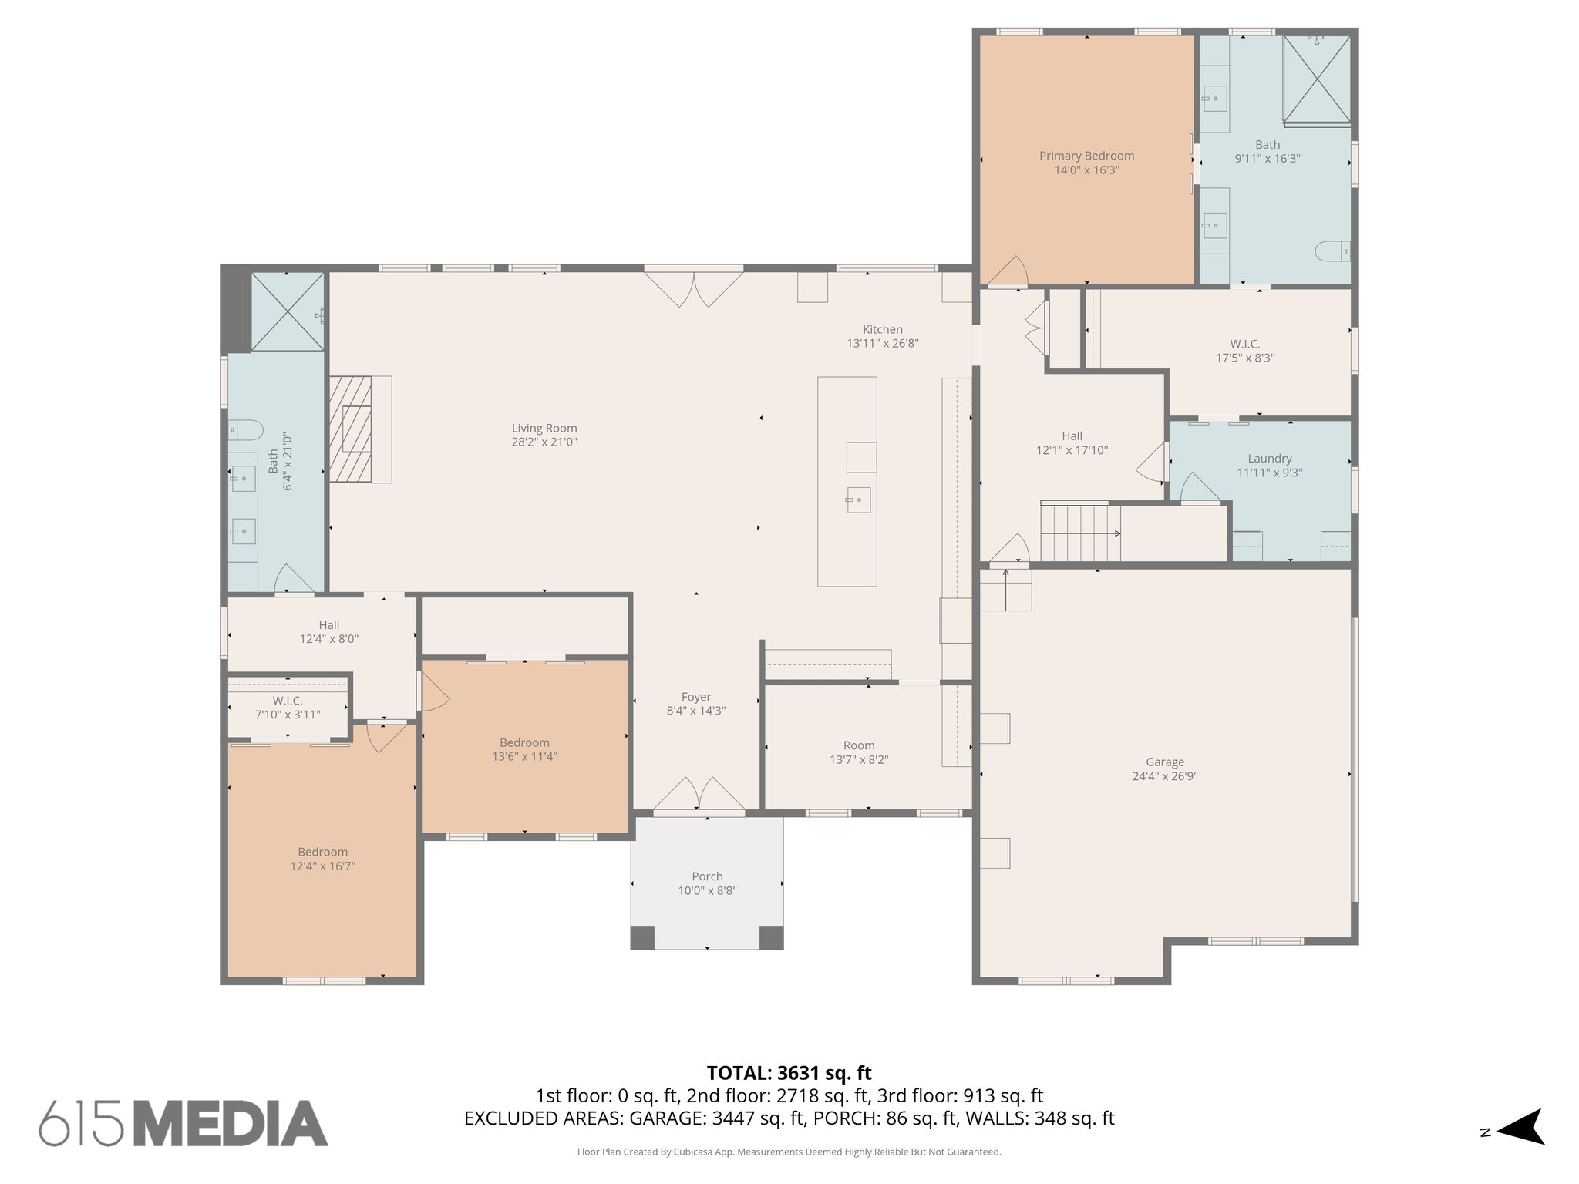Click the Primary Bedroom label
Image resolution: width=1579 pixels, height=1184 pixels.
tap(1086, 156)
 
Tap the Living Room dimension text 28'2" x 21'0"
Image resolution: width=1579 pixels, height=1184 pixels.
tap(544, 442)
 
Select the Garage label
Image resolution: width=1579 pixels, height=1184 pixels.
tap(1164, 762)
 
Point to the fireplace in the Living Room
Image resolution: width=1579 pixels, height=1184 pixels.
tap(351, 429)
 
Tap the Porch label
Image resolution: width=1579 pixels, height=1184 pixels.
tap(707, 876)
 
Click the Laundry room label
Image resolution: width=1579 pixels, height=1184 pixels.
tap(1269, 459)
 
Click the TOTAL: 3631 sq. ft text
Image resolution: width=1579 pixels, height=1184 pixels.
tap(789, 1073)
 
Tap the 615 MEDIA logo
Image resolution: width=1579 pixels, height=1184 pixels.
tap(183, 1123)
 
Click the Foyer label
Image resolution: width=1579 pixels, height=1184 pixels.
tap(695, 697)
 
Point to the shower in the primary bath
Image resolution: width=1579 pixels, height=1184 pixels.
tap(1316, 79)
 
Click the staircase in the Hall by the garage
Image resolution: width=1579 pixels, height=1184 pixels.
tap(1079, 533)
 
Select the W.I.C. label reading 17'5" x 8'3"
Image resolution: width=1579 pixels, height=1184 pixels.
tap(1244, 351)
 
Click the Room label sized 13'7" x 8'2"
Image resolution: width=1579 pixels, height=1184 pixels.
tap(858, 745)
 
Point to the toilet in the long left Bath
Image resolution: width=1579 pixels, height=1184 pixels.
tap(246, 429)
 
